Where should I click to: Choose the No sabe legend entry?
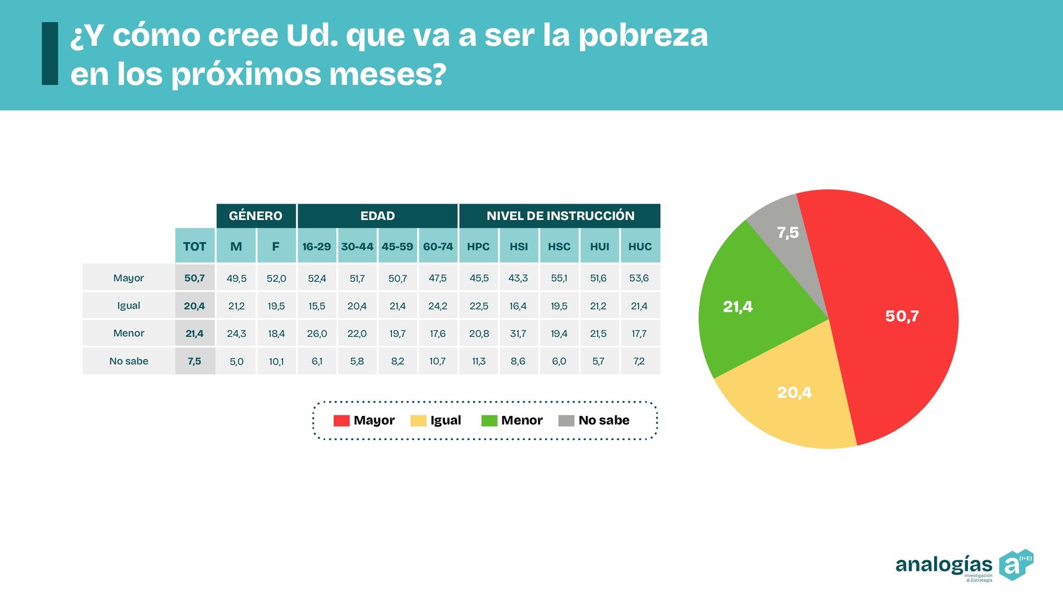[x=594, y=421]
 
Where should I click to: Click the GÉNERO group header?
[x=256, y=216]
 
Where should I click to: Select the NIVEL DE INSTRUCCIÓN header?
[x=560, y=216]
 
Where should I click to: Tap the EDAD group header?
[x=377, y=216]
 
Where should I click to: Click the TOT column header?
[x=195, y=247]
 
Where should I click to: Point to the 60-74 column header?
[x=438, y=247]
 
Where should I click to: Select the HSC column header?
[x=559, y=247]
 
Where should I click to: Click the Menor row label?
[x=128, y=334]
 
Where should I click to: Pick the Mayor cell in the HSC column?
[x=559, y=278]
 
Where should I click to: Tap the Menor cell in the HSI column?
[x=518, y=334]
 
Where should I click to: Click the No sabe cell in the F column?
[x=276, y=361]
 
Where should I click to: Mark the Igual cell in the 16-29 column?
[x=317, y=306]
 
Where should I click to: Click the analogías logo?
[x=963, y=565]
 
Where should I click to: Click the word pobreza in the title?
[x=643, y=36]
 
